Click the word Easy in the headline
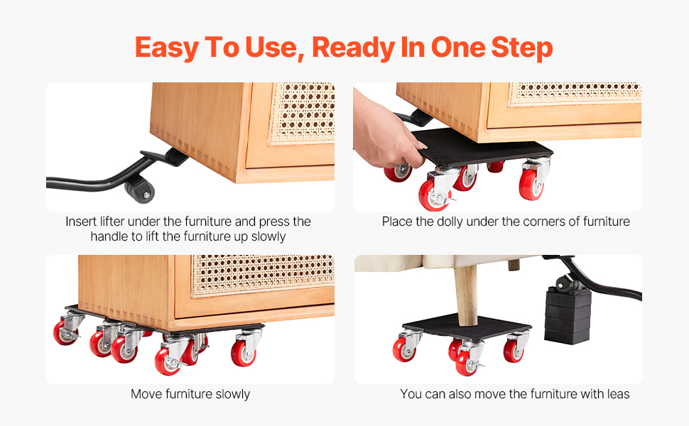pos(166,48)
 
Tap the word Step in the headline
pos(522,48)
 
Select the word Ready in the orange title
pos(353,48)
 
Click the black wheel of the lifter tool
pos(140,190)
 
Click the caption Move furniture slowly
pos(190,394)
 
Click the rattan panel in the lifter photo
pos(303,113)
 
